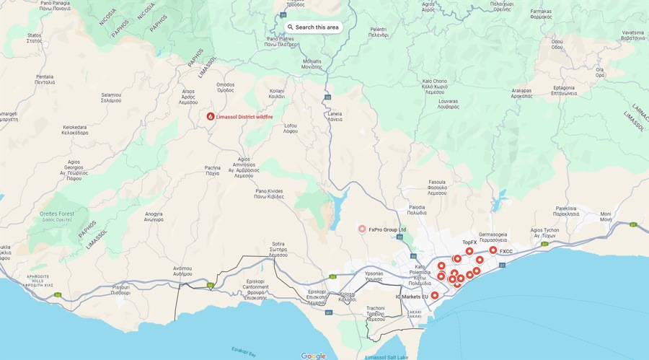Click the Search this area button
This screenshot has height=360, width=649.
(312, 27)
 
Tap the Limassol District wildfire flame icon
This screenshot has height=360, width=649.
(211, 115)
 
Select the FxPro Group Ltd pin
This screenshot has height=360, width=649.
(363, 229)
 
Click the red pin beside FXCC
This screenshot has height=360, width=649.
(493, 250)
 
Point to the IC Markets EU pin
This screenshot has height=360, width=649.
(435, 295)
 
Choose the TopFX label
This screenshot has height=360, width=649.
(469, 242)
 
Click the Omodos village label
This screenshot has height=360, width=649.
(226, 87)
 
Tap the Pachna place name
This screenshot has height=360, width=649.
(213, 170)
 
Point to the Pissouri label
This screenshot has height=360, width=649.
(121, 291)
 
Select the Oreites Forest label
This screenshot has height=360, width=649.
(57, 214)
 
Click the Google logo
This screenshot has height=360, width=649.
(313, 356)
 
